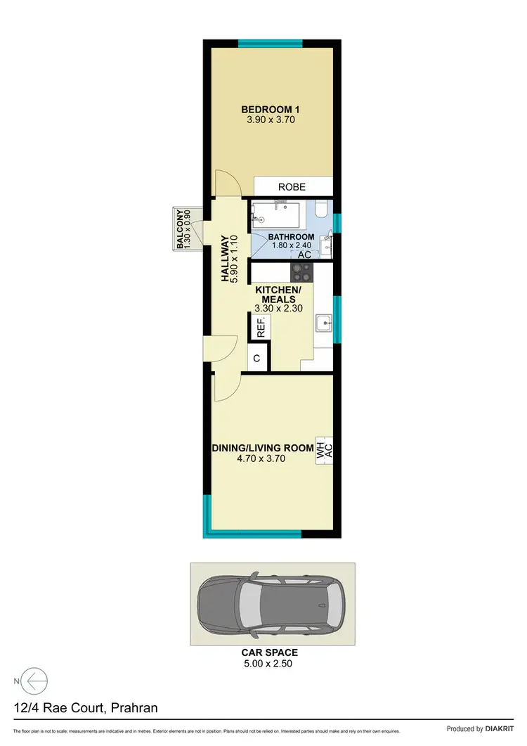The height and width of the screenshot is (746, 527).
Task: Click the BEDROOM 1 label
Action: pos(271,110)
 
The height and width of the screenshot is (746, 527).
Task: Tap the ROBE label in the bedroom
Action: pos(292,187)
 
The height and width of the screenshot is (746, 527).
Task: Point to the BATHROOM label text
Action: pos(292,237)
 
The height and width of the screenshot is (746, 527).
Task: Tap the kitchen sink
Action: pos(324,324)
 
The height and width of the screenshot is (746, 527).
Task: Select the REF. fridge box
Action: pos(260,328)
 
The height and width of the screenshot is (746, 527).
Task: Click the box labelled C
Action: pos(257,359)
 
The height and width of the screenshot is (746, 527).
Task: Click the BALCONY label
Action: pos(181,229)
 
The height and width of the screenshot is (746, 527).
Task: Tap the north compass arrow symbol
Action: pos(35,681)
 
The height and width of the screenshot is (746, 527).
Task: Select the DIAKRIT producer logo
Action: pos(503,729)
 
